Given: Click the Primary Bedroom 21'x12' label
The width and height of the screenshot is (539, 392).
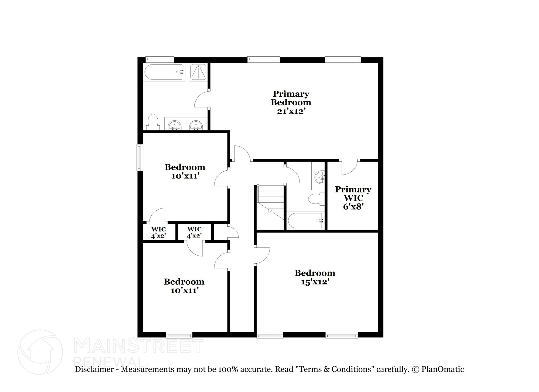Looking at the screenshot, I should point(291,102).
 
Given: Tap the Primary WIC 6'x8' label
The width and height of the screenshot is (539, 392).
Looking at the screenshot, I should point(353,198).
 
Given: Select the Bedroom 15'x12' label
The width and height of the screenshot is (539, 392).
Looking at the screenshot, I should point(315,277).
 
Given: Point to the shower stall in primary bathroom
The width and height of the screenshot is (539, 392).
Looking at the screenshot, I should point(198,72).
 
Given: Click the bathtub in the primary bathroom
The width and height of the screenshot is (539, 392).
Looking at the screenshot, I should point(163,72).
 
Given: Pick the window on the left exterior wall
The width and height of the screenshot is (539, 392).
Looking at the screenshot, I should point(140,157).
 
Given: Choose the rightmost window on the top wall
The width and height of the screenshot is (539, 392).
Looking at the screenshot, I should point(343,60).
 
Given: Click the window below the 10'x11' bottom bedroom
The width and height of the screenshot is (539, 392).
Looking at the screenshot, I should point(179,335).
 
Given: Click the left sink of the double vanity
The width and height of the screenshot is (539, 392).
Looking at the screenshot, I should point(174,125).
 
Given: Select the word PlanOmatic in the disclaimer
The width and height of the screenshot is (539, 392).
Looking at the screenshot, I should point(443,369).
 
